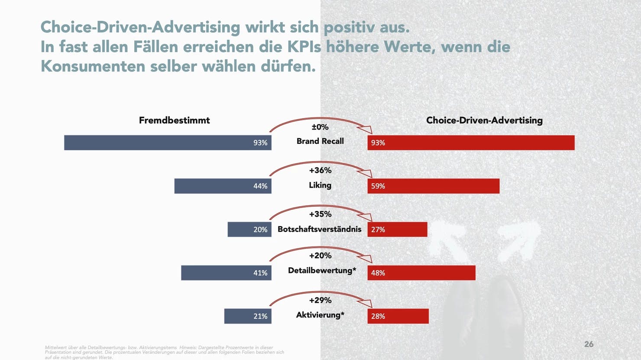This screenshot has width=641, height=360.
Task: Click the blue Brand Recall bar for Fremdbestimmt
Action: point(168,143)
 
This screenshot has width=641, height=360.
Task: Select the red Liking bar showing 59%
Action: point(433,186)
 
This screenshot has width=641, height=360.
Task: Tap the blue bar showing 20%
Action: point(249,229)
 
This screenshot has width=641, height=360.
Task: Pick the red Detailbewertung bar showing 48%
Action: point(421,272)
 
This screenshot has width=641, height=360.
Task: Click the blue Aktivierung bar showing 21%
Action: point(247,316)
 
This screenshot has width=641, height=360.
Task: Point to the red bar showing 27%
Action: point(397,229)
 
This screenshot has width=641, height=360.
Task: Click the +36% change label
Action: point(320,170)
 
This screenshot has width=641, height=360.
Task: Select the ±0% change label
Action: point(320,127)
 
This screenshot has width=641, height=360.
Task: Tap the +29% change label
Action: point(320,300)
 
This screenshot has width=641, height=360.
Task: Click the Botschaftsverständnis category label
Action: point(319,229)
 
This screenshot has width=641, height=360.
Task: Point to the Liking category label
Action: point(320,185)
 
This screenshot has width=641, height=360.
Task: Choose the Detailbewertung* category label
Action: point(322,270)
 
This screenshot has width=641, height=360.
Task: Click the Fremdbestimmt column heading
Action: point(174,120)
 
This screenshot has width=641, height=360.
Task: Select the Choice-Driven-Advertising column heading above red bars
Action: point(484,120)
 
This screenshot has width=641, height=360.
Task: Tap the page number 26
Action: point(589,344)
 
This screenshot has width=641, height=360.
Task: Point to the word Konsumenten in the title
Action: point(92,66)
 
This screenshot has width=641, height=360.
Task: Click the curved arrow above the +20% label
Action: point(320,249)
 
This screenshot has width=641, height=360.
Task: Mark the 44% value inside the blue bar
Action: point(260,186)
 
